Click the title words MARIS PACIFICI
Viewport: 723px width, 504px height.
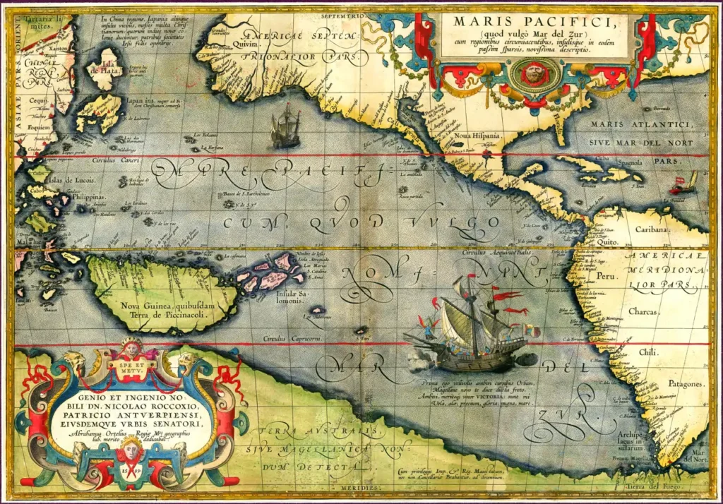(534, 22)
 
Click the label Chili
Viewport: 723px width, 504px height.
(647, 351)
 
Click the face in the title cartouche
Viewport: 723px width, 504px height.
(534, 72)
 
